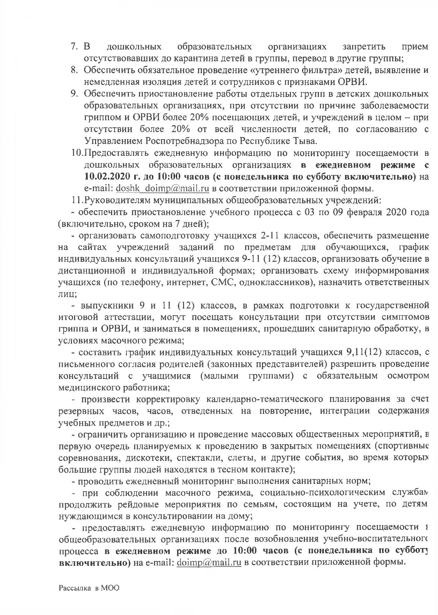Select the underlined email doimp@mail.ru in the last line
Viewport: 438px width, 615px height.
pyautogui.click(x=209, y=572)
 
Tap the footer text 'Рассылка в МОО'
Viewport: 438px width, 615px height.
pyautogui.click(x=89, y=598)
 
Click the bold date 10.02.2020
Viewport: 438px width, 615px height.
pyautogui.click(x=108, y=177)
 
